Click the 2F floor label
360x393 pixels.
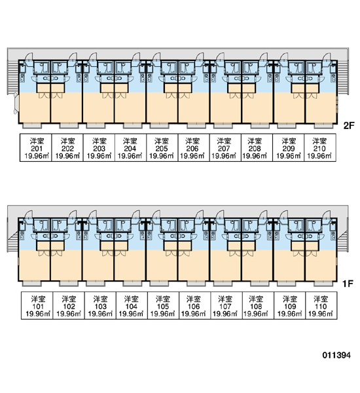(x=349, y=125)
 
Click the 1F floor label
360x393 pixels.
(x=348, y=284)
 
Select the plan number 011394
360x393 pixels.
(x=336, y=355)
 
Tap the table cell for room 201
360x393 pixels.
(x=36, y=147)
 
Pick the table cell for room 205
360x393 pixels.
(x=162, y=147)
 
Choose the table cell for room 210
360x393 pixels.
(x=320, y=147)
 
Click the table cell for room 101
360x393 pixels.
(x=37, y=305)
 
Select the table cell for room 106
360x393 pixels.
(x=194, y=305)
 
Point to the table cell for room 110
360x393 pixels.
(x=321, y=305)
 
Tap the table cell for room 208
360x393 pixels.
(x=257, y=147)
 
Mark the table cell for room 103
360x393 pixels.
(x=100, y=305)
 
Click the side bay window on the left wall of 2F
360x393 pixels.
(x=16, y=103)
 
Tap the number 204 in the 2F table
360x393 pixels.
(x=130, y=149)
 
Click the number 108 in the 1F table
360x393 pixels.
(x=256, y=307)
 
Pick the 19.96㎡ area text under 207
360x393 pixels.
(x=224, y=156)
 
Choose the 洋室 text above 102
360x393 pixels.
(x=69, y=299)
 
